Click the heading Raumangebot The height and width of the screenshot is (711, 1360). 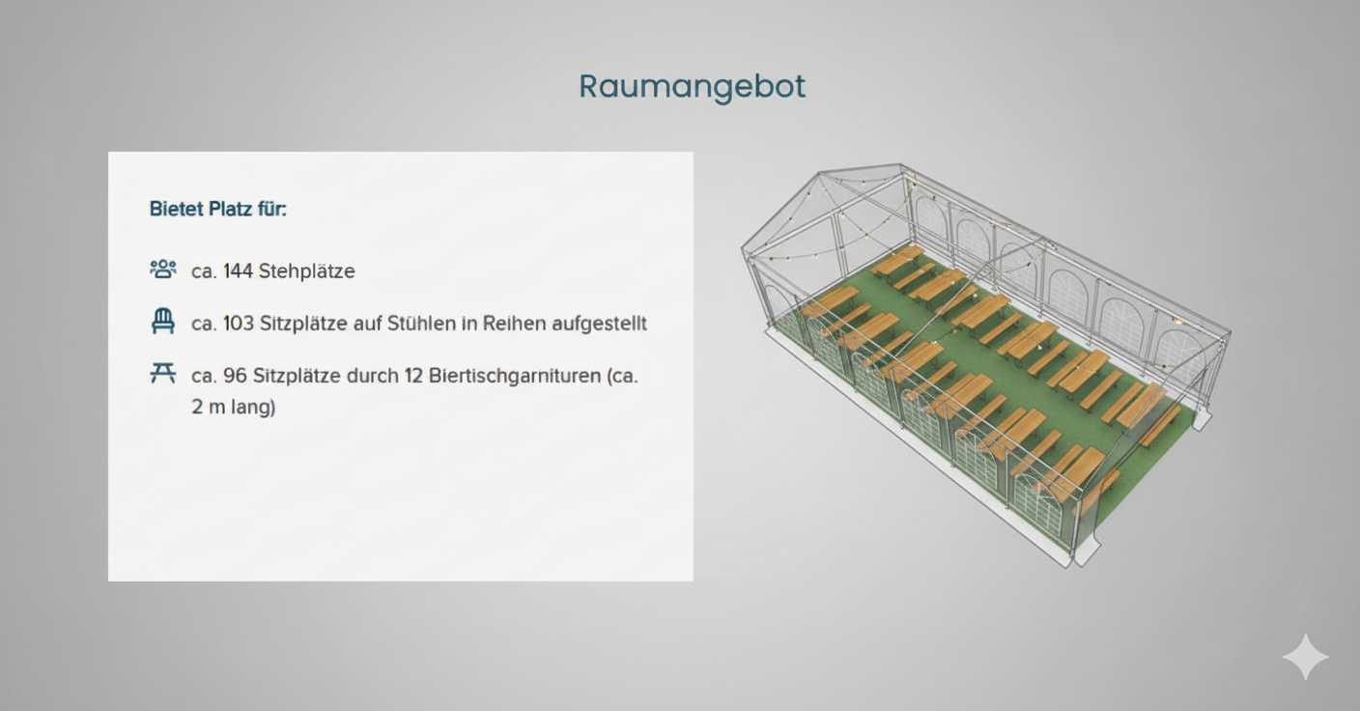[692, 87]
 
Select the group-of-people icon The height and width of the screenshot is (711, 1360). [163, 270]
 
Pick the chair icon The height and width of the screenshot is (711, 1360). [163, 322]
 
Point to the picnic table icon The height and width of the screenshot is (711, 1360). [163, 373]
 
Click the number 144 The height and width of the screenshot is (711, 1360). [238, 271]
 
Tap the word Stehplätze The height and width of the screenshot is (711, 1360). [306, 271]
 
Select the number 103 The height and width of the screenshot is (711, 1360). [238, 324]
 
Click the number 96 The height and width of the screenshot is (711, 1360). [235, 376]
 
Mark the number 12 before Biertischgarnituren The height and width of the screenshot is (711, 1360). [413, 376]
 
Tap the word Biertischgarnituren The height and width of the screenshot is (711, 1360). [515, 376]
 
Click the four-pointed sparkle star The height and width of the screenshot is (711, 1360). [1305, 657]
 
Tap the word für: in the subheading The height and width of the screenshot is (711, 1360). [271, 209]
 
